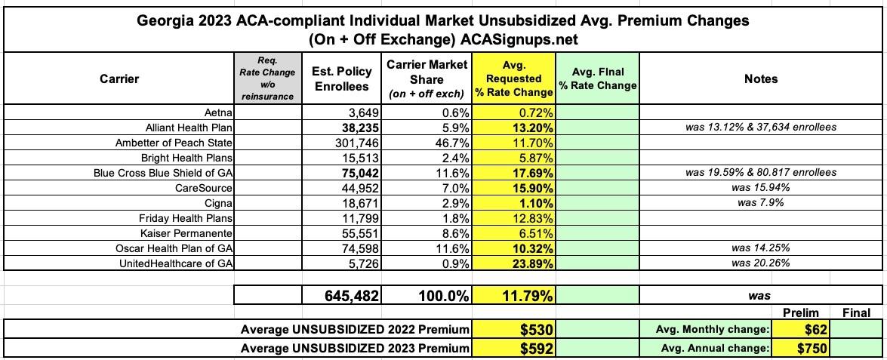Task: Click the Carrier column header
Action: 119,78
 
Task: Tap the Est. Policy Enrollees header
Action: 341,78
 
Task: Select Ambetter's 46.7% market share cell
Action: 449,143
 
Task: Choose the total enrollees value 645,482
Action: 342,296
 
